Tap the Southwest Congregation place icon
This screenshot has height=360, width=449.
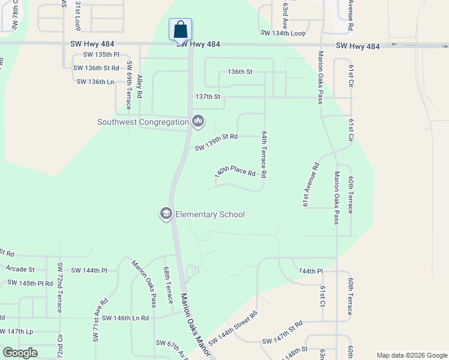(x=198, y=122)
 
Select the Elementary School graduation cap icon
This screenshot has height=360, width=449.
(x=166, y=214)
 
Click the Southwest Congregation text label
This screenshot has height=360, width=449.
(x=143, y=122)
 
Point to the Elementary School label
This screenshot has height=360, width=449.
(x=210, y=214)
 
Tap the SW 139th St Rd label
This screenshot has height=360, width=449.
(x=216, y=142)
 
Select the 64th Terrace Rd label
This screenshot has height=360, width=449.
(x=263, y=155)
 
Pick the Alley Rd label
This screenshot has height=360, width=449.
(x=140, y=86)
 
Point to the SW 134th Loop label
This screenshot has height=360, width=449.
(x=282, y=33)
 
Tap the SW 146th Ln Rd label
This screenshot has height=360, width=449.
(x=125, y=318)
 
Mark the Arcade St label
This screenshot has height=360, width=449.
(x=21, y=269)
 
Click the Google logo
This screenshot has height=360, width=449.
(x=20, y=353)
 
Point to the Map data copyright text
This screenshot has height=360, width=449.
(x=411, y=355)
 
